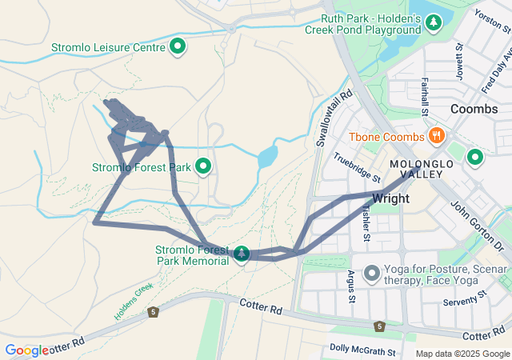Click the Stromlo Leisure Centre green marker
coord(178,47)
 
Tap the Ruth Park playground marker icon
coord(434,22)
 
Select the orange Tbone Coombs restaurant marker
coord(436,134)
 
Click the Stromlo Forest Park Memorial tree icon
coord(241,254)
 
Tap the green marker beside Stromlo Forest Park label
coord(203,166)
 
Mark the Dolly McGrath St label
coord(362,350)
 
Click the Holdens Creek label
coord(133,301)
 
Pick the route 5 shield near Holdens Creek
coord(152,311)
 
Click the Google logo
coord(26,350)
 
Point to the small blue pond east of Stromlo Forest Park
coord(267,155)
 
